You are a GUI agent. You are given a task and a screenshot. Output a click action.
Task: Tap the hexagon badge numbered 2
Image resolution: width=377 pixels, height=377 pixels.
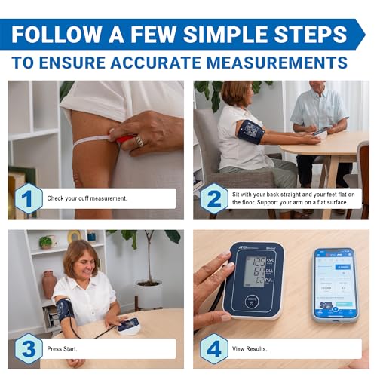click(215, 199)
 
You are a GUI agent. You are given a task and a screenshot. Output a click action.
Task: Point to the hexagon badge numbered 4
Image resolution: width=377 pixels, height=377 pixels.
click(215, 348)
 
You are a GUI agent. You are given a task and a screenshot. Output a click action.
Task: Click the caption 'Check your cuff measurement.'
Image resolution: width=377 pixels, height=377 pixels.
click(87, 199)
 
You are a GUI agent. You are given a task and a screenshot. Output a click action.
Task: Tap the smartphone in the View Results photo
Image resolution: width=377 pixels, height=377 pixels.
click(336, 284)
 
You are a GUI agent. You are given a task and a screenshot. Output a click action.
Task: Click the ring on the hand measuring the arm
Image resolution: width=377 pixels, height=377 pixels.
click(139, 140)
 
